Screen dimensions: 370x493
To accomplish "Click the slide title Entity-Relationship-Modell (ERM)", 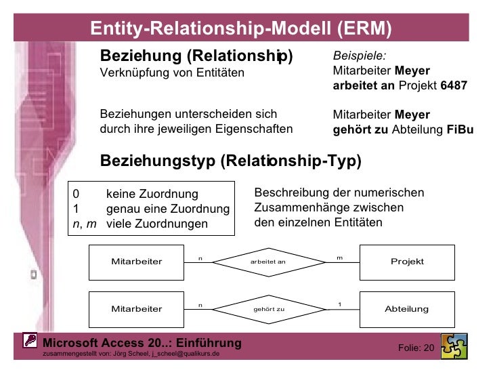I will tap(242, 28).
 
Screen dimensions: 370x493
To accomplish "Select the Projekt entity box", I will tap(407, 262).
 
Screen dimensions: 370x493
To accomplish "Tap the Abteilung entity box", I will tap(407, 309).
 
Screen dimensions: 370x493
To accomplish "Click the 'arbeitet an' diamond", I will tap(268, 262).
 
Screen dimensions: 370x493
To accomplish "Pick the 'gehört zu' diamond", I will tap(268, 309).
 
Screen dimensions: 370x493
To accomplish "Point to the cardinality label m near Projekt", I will tap(339, 258).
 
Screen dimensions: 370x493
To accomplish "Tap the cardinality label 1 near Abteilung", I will tap(339, 305).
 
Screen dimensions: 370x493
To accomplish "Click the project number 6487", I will tap(454, 86).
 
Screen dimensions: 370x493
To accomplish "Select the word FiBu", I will tap(460, 129).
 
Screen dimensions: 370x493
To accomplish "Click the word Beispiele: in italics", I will tap(360, 57).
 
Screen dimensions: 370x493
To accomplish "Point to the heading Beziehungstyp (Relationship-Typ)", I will tap(230, 161).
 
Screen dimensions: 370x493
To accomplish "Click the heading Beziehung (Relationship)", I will tap(196, 56).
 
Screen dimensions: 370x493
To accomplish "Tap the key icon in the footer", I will tap(31, 341).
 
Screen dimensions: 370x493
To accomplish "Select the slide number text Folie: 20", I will tap(416, 348).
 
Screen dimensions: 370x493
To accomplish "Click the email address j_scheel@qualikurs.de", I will tap(185, 354).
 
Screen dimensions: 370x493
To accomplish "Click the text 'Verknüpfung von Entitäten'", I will tap(172, 73).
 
